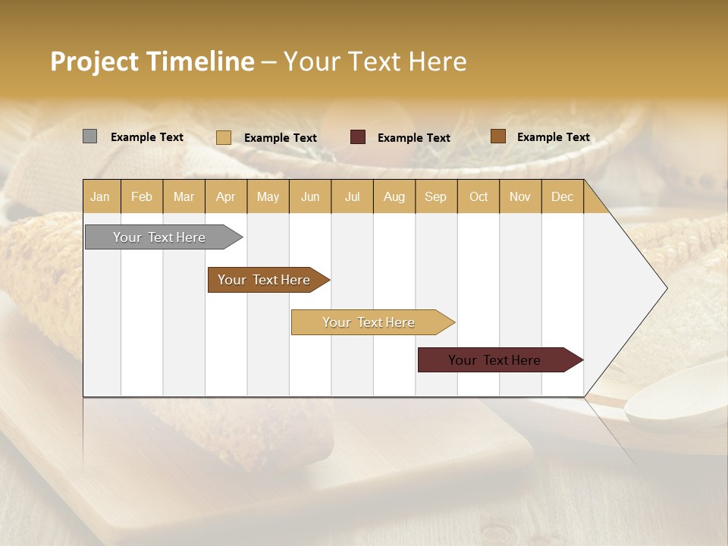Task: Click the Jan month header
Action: coord(100,197)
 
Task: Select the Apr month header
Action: coord(225,197)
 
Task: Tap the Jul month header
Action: coord(352,197)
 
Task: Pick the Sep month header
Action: coord(435,197)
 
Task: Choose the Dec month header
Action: coord(562,197)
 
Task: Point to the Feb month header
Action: coord(142,197)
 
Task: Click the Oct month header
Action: coord(479,197)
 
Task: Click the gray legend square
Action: coord(89,136)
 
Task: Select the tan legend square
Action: coord(223,137)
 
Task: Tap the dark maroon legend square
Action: coord(358,137)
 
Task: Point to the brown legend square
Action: coord(497,136)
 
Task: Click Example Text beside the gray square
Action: coord(147,137)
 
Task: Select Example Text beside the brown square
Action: coord(554,137)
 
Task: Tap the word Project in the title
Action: coord(94,61)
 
